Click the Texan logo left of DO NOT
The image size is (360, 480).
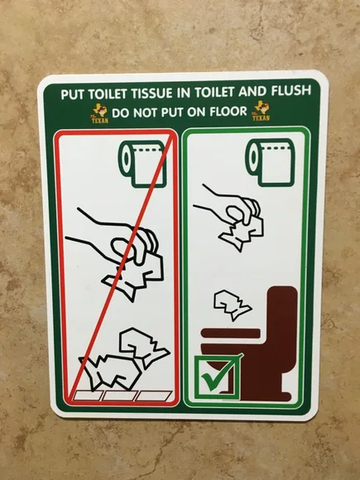(x=99, y=113)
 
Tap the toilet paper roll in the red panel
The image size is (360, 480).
(x=143, y=161)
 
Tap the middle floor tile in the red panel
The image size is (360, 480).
(x=118, y=396)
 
